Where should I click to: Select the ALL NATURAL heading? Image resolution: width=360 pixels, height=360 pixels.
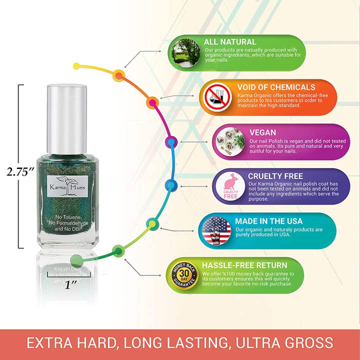coord(230,42)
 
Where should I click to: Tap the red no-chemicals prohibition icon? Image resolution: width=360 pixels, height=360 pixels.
coord(216,97)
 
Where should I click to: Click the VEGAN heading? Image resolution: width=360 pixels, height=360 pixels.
coord(263,132)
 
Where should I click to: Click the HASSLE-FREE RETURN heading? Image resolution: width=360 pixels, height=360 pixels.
coord(244,265)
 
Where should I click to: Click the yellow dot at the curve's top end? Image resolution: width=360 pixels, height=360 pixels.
coord(76,66)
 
